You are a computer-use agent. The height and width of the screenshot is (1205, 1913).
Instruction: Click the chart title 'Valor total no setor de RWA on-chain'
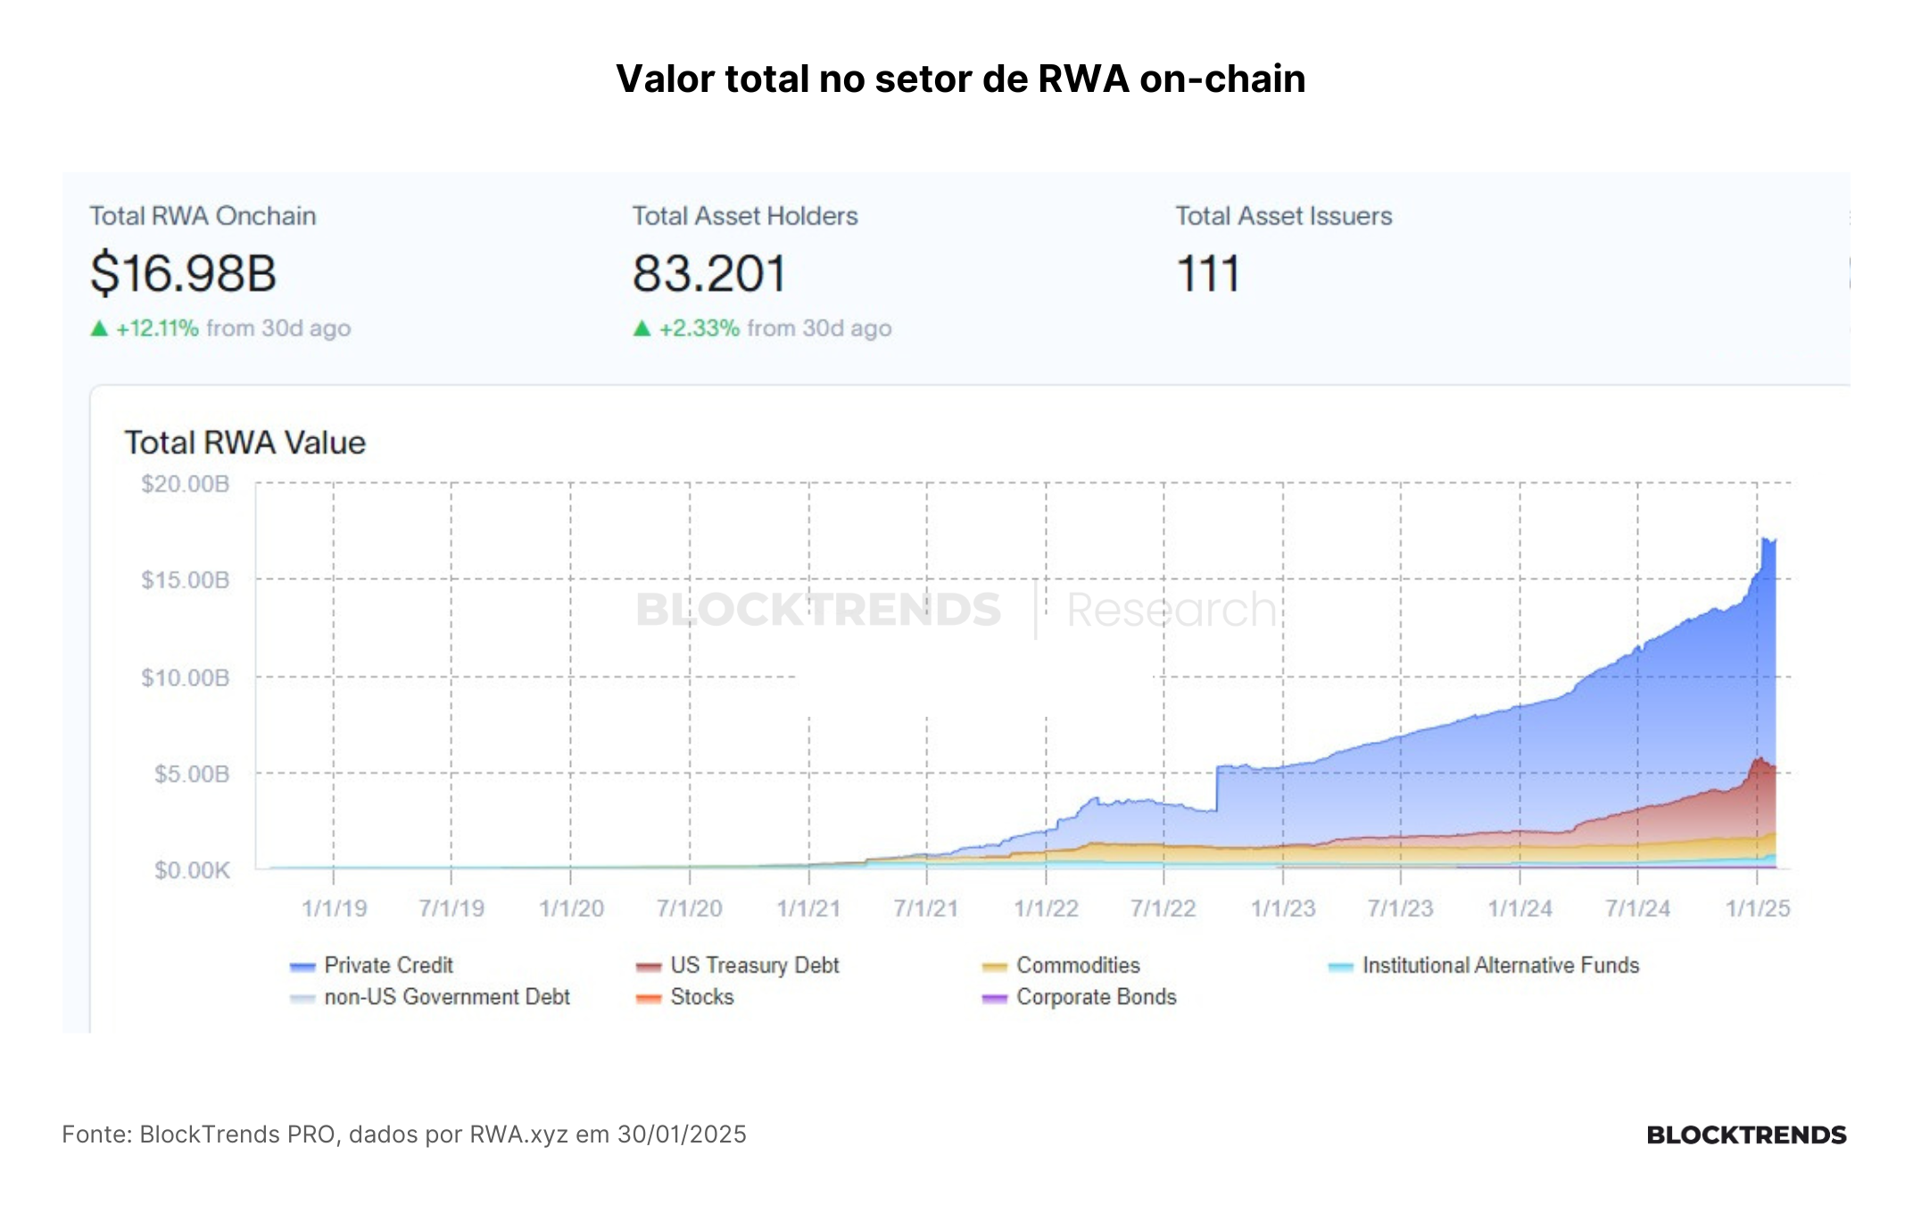tap(961, 79)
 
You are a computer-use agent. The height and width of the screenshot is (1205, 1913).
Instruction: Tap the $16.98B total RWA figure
tap(183, 273)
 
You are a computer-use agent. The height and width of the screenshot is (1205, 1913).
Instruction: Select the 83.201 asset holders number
tap(709, 273)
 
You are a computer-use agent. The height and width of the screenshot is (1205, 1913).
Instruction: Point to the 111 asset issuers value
tap(1208, 273)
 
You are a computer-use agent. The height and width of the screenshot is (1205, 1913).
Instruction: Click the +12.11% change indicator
tap(157, 328)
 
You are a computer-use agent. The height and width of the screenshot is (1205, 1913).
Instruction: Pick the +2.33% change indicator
tap(700, 328)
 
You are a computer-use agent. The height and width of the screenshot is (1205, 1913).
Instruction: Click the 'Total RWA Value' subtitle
tap(244, 443)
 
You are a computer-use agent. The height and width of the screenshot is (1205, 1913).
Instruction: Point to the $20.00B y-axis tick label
tap(185, 484)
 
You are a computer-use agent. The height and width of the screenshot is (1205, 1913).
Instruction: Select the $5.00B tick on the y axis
tap(191, 773)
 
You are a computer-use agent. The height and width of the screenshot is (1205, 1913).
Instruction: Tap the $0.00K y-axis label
tap(191, 869)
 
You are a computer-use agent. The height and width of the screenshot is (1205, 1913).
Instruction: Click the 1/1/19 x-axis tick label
tap(334, 909)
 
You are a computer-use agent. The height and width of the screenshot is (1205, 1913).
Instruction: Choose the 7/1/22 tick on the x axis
tap(1164, 909)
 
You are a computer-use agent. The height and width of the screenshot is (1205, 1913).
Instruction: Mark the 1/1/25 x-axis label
tap(1758, 909)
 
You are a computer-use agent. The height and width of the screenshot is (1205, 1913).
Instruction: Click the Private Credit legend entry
tap(371, 965)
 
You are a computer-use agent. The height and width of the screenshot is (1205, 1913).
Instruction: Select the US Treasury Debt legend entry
tap(737, 965)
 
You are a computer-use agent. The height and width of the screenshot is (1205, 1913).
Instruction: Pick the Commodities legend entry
tap(1061, 965)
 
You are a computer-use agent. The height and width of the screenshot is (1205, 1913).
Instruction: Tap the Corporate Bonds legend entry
tap(1079, 996)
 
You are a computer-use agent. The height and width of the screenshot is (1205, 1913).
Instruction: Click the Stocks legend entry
tap(684, 996)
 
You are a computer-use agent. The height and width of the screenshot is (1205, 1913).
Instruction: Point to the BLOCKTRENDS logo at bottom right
tap(1746, 1134)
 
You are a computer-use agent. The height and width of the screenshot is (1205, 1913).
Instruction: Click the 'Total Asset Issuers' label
tap(1283, 216)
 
